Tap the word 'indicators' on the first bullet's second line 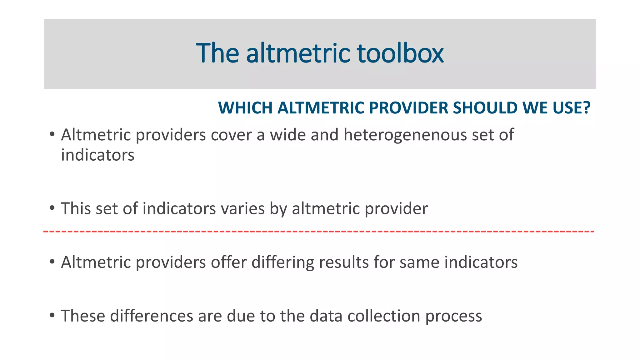pos(97,155)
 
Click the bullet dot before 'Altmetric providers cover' pos(52,134)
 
